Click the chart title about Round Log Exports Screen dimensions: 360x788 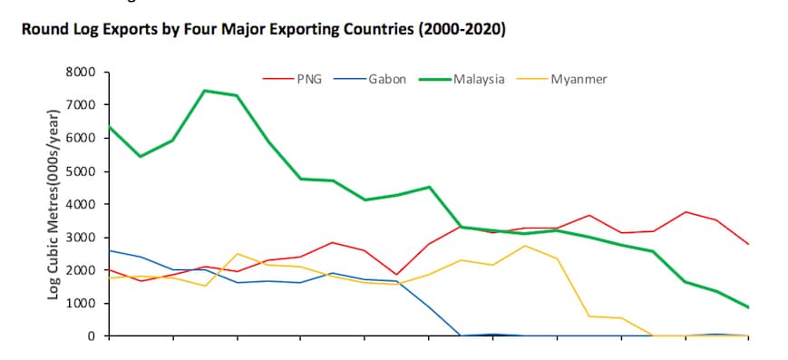tap(263, 29)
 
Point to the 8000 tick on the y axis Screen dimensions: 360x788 tap(83, 73)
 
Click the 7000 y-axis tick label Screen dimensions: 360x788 tap(83, 105)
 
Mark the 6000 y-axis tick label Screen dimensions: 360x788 tap(83, 139)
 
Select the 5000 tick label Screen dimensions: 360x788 tap(83, 171)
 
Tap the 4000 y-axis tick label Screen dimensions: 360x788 tap(83, 204)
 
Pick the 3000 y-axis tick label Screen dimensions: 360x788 tap(83, 238)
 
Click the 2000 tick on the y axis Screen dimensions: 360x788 tap(83, 270)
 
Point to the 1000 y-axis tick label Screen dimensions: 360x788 tap(83, 303)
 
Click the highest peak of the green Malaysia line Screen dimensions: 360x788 tap(205, 91)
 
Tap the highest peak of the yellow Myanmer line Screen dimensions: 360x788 tap(525, 246)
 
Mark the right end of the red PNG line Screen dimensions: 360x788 tap(748, 244)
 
